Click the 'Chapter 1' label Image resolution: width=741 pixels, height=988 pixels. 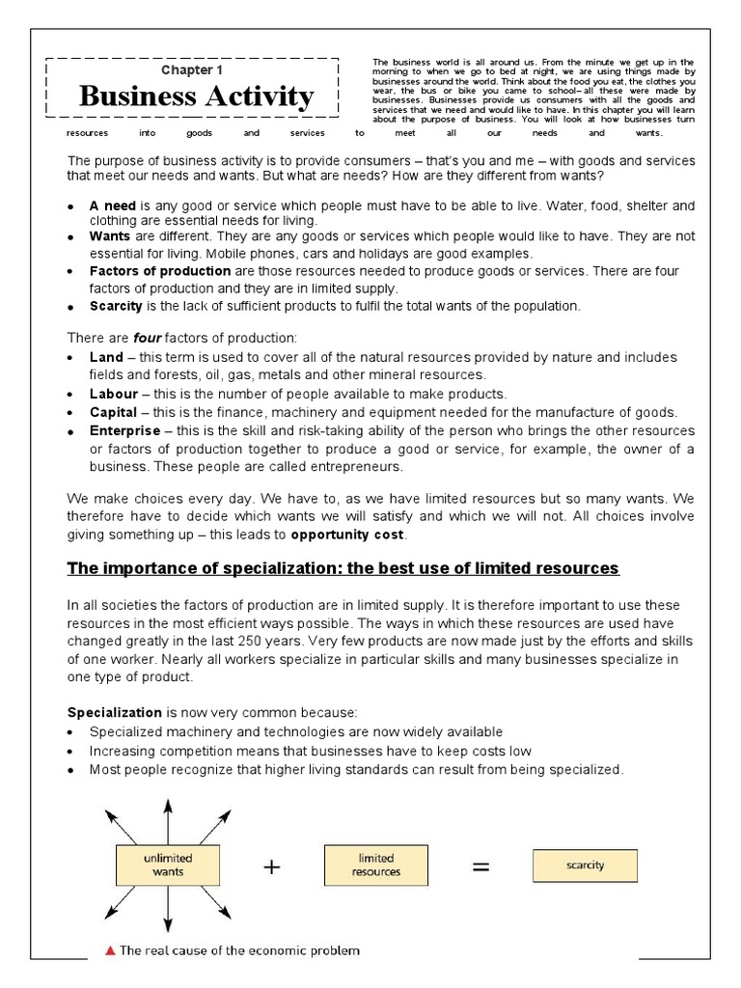coord(191,70)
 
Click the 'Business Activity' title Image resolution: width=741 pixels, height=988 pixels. coord(196,96)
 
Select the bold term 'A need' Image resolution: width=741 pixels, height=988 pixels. coord(113,206)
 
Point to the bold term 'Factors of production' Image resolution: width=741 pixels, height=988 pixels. coord(160,271)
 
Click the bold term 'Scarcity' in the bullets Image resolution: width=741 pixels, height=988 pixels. coord(116,306)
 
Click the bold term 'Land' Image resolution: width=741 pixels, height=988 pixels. coord(106,357)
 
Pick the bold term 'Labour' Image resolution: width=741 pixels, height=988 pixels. coord(114,394)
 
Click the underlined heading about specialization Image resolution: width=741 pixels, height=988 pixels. coord(343,568)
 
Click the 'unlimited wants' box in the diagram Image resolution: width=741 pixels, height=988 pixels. coord(168,864)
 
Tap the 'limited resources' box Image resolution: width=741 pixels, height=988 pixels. coord(376,864)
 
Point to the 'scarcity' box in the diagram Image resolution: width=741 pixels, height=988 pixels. coord(585,864)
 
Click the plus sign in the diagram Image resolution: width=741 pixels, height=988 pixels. coord(273,866)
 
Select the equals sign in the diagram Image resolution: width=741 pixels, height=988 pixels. coord(480,866)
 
